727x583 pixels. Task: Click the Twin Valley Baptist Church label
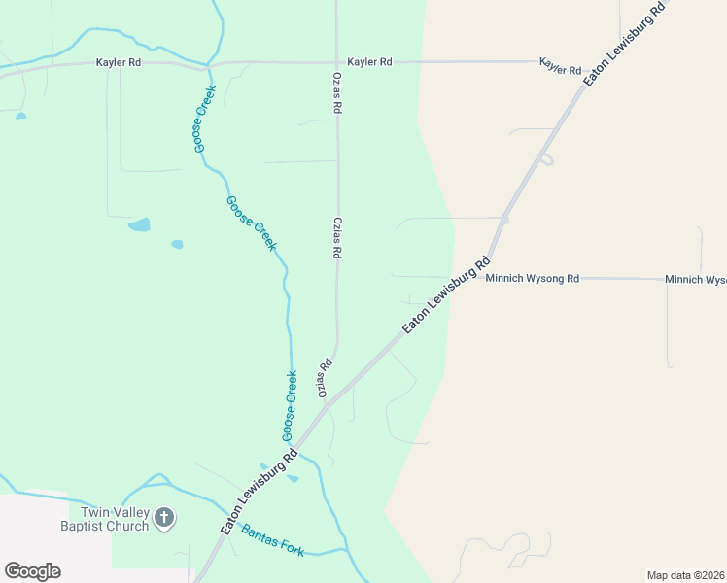[x=108, y=519]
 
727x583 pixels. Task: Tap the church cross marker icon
[x=164, y=517]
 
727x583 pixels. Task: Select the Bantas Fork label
[x=273, y=541]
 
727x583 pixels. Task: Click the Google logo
[x=32, y=571]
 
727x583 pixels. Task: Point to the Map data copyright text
[x=686, y=575]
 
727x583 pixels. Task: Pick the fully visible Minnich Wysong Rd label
[x=533, y=279]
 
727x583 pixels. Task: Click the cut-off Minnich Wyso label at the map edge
[x=696, y=280]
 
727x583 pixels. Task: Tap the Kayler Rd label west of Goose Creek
[x=119, y=62]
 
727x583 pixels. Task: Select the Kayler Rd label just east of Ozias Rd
[x=369, y=62]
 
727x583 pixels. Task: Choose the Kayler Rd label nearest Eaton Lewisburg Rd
[x=560, y=70]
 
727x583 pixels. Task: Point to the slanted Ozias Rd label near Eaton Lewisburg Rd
[x=325, y=378]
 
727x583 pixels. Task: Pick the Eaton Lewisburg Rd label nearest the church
[x=259, y=491]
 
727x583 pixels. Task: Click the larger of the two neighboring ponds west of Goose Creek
[x=139, y=224]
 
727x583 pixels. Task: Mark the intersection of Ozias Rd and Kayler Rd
[x=337, y=62]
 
